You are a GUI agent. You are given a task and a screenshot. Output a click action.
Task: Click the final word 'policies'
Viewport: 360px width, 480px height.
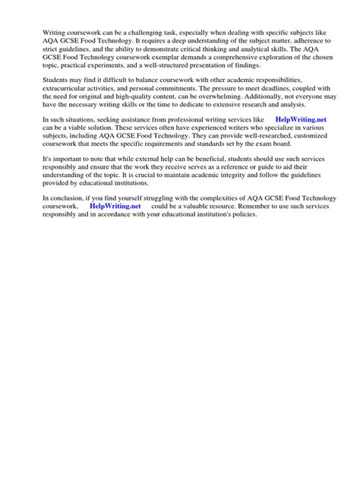click(x=242, y=216)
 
